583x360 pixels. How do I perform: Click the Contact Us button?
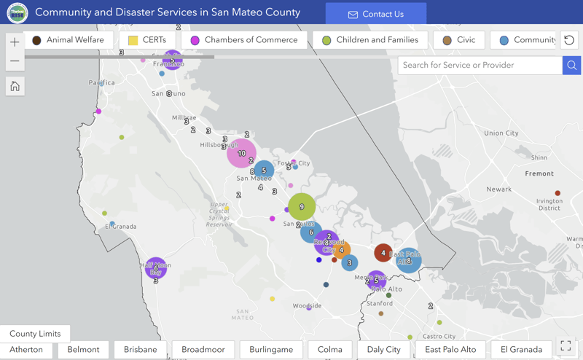pos(376,14)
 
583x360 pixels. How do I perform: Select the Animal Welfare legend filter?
pos(68,40)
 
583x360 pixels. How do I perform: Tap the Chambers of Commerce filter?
pos(243,40)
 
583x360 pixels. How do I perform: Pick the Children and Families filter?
pos(369,40)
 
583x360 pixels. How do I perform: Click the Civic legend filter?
pos(458,40)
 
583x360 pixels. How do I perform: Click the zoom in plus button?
pos(15,42)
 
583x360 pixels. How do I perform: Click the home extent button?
pos(15,87)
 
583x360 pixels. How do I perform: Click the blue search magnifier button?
pos(572,66)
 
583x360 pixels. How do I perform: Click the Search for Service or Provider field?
pos(480,66)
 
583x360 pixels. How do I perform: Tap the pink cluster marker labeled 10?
pos(241,153)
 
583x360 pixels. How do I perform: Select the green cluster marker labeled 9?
pos(302,207)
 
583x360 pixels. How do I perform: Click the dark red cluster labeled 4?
pos(383,253)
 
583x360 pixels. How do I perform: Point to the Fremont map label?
pos(539,173)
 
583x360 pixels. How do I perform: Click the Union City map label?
pos(501,133)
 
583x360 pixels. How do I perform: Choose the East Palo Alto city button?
pos(450,350)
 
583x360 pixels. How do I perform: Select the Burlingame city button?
pos(271,350)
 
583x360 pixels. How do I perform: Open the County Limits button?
pos(35,334)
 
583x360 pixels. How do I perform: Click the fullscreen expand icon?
pos(566,347)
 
